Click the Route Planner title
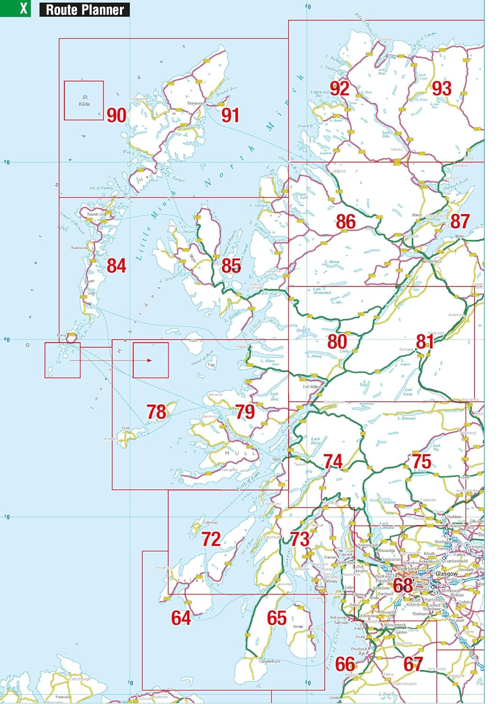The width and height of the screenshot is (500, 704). pos(84,9)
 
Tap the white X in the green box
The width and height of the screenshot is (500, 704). pos(23,8)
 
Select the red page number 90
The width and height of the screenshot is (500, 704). pos(116,115)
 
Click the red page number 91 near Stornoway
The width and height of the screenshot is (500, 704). pos(230,115)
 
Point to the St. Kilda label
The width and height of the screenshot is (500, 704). pos(84,100)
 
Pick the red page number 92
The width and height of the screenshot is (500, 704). pos(339,88)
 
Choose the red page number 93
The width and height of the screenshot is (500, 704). pos(441,88)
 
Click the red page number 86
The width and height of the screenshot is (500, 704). pos(346,222)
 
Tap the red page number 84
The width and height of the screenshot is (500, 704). pos(116,266)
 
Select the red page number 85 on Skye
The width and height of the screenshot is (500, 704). pos(231,266)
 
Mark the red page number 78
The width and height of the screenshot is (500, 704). pos(156,412)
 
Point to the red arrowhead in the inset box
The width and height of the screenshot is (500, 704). pos(149,360)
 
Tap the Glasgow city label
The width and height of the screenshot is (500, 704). pos(446,574)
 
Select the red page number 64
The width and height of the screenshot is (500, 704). pos(181,618)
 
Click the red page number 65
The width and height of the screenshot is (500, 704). pos(277,618)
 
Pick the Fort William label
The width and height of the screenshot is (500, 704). pos(312,387)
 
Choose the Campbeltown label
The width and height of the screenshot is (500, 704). pos(269,661)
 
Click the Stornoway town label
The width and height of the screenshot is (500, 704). pos(195,103)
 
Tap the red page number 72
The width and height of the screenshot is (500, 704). pos(211,539)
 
